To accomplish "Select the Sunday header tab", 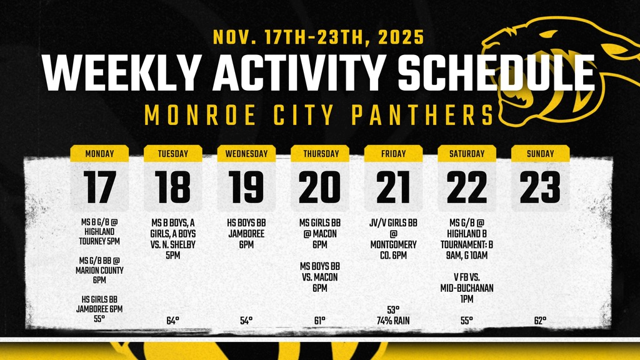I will click(541, 154).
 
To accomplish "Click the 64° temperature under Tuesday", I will click(172, 321).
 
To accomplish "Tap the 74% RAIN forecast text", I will click(393, 321).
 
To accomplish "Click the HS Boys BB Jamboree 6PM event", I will click(246, 234).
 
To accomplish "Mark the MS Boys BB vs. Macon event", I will click(319, 277).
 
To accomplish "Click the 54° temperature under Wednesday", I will click(246, 321).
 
